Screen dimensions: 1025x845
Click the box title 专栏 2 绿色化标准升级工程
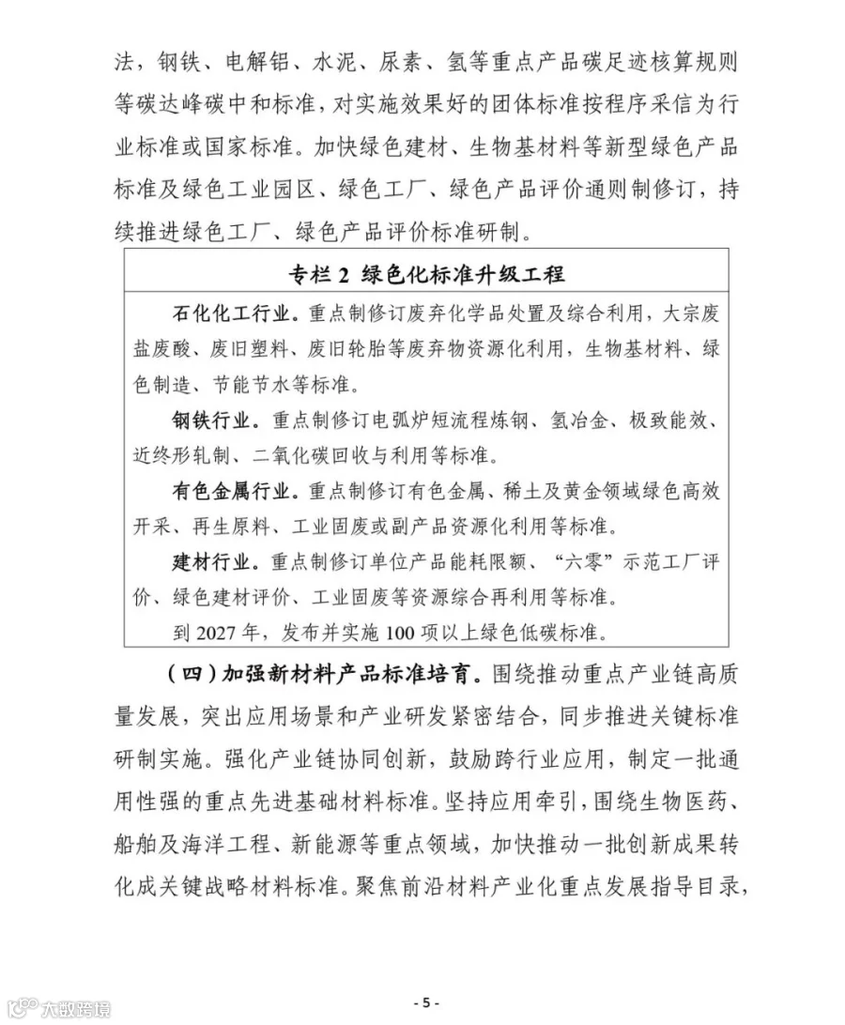[426, 274]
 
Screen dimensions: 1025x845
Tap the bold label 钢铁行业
[212, 421]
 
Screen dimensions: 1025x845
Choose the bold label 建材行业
[212, 563]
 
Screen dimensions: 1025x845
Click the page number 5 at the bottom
[425, 1002]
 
